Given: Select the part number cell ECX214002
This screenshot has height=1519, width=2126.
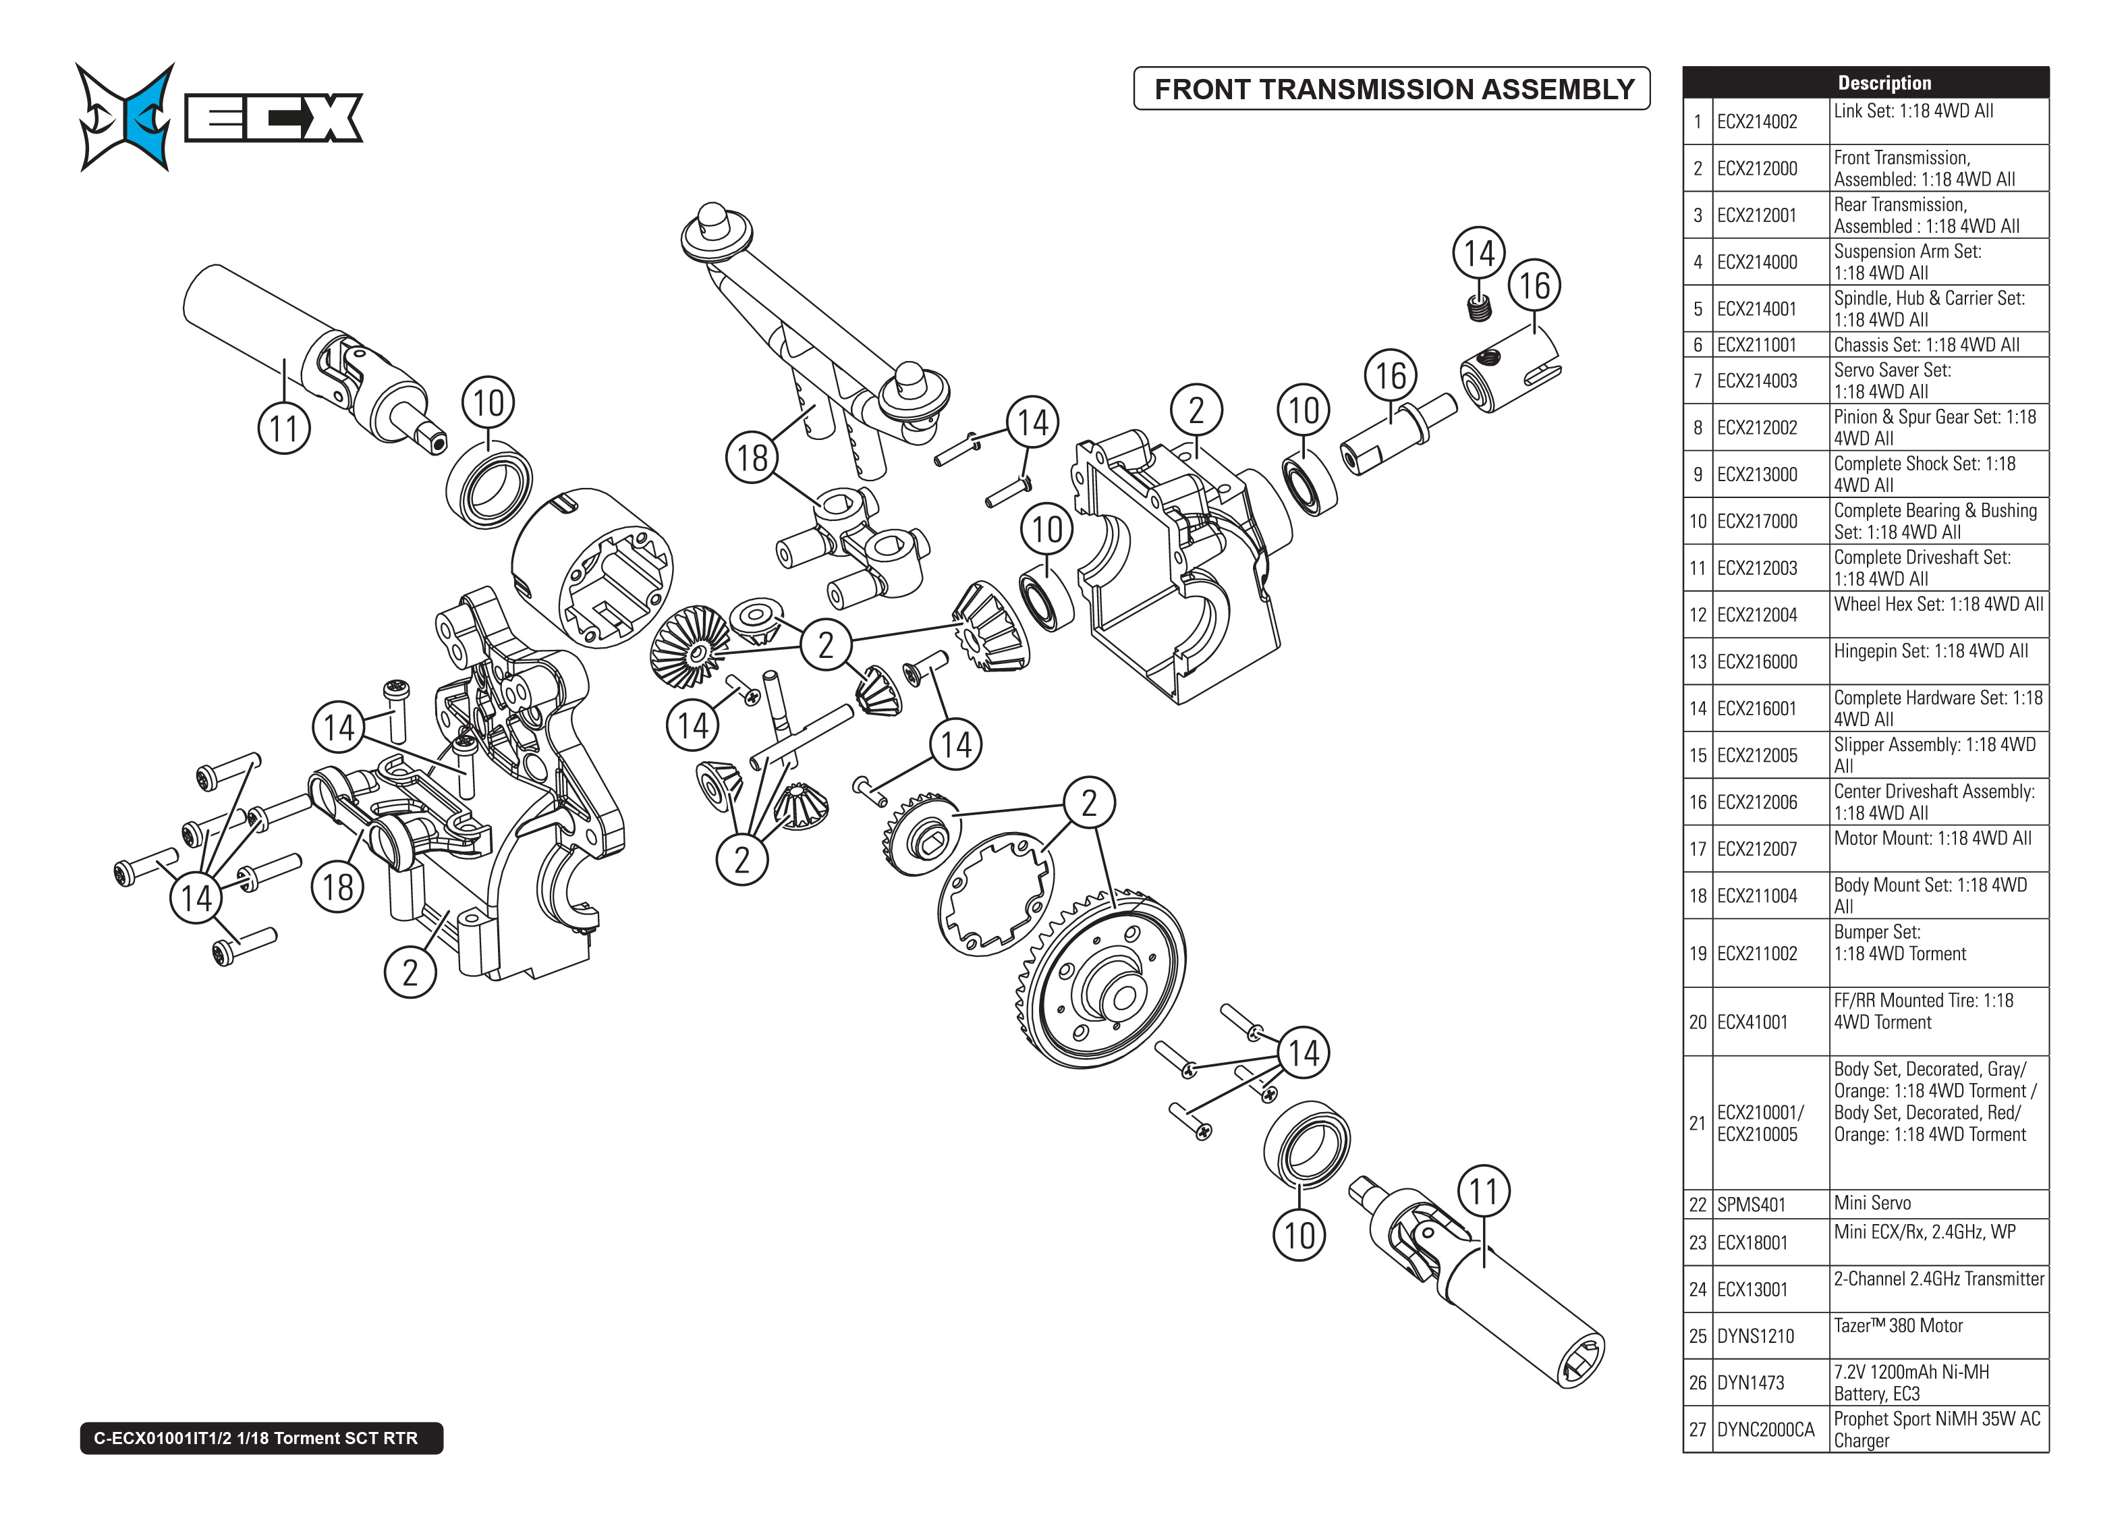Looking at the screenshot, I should [1757, 121].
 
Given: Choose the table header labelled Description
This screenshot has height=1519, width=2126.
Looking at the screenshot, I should [1884, 82].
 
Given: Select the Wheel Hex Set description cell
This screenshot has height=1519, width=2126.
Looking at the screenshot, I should [1937, 605].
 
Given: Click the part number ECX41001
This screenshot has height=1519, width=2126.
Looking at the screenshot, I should [1752, 1022].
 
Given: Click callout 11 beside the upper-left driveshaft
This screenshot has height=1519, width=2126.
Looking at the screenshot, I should [283, 429].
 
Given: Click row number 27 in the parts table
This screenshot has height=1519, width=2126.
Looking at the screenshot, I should [1698, 1430].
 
